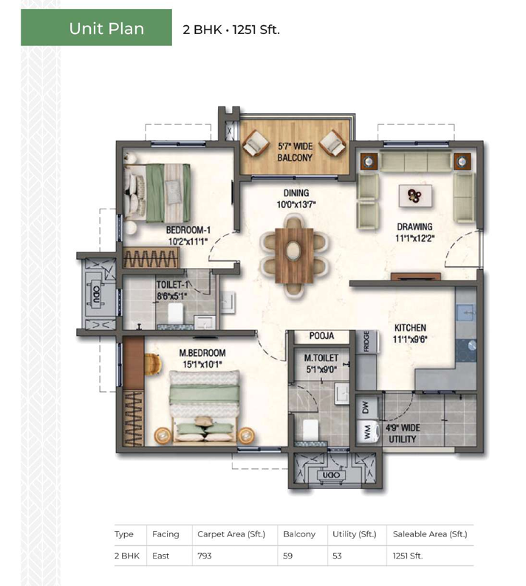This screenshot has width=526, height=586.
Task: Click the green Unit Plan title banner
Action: pos(96,27)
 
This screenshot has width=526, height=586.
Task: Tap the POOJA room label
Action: pos(321,336)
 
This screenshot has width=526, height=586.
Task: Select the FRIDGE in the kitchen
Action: pos(366,341)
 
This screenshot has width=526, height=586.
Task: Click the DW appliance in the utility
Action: pos(366,407)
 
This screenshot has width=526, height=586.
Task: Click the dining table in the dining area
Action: pos(294,255)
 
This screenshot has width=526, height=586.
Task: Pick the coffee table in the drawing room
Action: pos(415,195)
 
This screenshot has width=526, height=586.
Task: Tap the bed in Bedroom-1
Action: pos(157,192)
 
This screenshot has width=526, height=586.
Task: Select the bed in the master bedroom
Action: pos(204,406)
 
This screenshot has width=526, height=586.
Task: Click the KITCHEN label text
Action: pos(410,328)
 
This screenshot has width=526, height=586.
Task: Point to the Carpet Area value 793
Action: pos(205,556)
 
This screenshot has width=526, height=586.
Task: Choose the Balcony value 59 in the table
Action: pos(287,556)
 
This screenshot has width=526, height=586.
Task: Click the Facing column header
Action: pos(165,534)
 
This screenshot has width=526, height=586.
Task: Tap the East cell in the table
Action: pos(160,556)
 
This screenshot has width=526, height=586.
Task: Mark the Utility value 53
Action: pos(337,556)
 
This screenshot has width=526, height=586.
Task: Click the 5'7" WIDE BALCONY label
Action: pos(295,152)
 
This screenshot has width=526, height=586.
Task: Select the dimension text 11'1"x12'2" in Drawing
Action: pos(414,238)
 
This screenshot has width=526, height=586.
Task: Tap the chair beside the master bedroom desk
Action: pos(153,364)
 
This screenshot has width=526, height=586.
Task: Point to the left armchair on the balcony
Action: pos(256,144)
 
